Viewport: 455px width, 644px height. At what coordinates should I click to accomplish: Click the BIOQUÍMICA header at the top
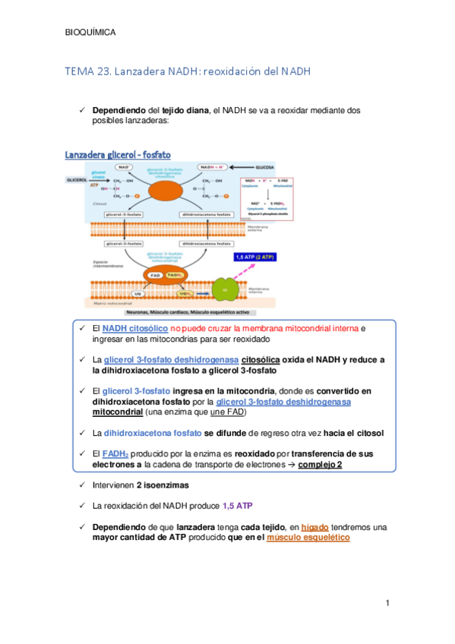91,33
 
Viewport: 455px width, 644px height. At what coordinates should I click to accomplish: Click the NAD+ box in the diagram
120,166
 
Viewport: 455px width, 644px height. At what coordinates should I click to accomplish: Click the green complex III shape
225,291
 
